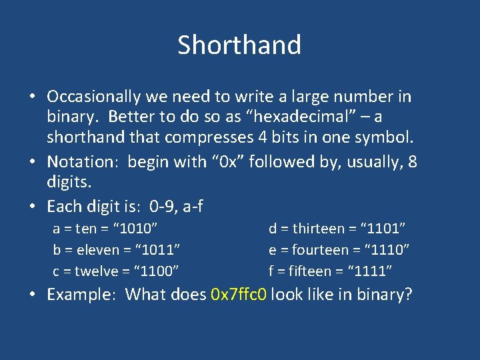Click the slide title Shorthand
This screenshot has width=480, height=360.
coord(239,45)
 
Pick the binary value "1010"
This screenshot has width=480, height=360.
coord(136,229)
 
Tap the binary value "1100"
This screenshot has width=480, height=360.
coord(156,271)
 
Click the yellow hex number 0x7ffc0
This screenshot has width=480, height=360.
coord(239,294)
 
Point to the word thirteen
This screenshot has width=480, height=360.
coord(316,229)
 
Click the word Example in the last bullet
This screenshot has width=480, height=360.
coord(82,294)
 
